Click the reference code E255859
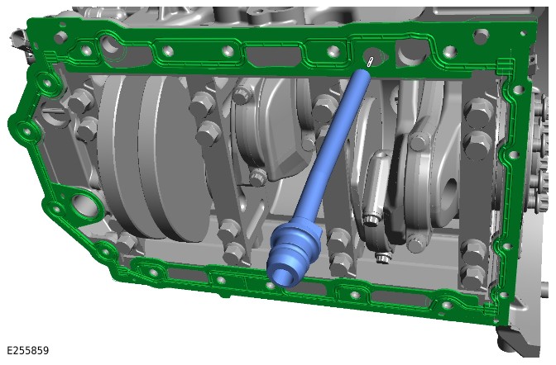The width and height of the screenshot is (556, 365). [x=27, y=350]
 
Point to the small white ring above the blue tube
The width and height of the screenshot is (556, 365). [x=370, y=62]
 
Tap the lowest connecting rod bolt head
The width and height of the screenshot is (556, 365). [x=384, y=258]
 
